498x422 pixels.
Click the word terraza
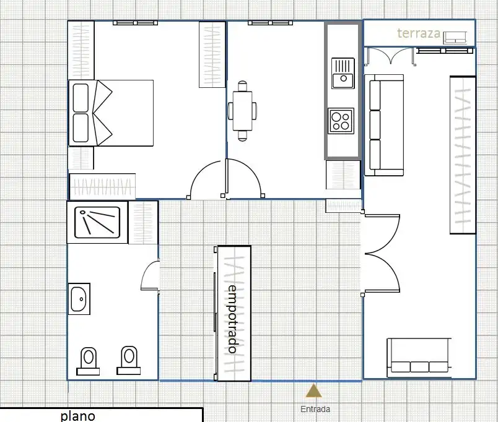coord(419,33)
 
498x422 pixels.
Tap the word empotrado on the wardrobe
coord(233,319)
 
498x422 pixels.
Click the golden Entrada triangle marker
coord(314,390)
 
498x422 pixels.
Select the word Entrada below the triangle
coord(315,409)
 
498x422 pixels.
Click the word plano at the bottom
coord(78,416)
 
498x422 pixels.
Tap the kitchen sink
coord(343,73)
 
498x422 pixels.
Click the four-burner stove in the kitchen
coord(341,121)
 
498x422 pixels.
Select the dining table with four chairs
coord(242,111)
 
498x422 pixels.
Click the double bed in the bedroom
coord(111,113)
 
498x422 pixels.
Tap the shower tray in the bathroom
coord(97,222)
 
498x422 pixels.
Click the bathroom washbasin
coord(79,299)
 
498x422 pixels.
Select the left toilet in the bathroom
coord(89,361)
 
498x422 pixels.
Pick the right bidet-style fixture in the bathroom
coord(129,361)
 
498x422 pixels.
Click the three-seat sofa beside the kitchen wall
coord(384,125)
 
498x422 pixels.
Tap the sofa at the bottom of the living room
coord(419,358)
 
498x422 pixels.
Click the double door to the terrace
coord(391,56)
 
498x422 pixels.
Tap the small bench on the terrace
coord(455,38)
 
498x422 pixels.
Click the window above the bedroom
coord(135,22)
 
